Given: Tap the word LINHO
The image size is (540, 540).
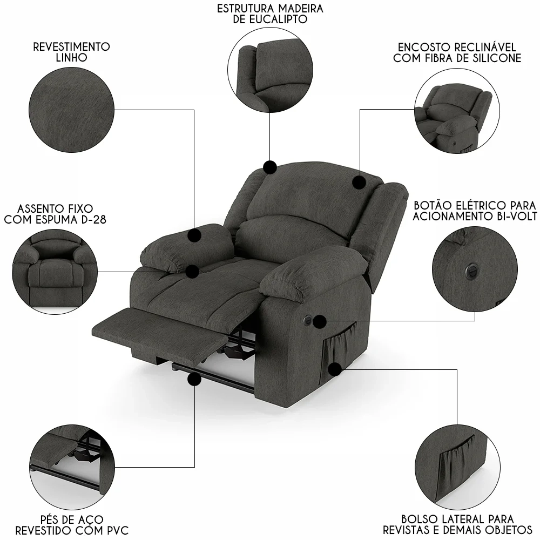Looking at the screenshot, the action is pyautogui.click(x=72, y=58).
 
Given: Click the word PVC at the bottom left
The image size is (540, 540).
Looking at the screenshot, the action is pyautogui.click(x=116, y=530).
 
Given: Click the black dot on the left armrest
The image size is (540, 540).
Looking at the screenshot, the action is pyautogui.click(x=194, y=235).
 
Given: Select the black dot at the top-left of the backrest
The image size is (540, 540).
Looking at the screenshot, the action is pyautogui.click(x=270, y=167).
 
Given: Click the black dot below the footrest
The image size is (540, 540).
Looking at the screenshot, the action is pyautogui.click(x=194, y=380).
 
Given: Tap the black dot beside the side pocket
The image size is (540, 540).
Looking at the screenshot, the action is pyautogui.click(x=335, y=369).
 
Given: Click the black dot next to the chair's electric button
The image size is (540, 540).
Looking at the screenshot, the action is pyautogui.click(x=320, y=322).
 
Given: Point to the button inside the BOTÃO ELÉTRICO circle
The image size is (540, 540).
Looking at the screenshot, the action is pyautogui.click(x=470, y=269).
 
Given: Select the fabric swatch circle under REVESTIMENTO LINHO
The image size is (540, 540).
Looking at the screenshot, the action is pyautogui.click(x=72, y=110).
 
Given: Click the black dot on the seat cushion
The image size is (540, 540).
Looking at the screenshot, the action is pyautogui.click(x=192, y=272).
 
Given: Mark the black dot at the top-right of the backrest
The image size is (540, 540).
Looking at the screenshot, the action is pyautogui.click(x=359, y=182).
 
